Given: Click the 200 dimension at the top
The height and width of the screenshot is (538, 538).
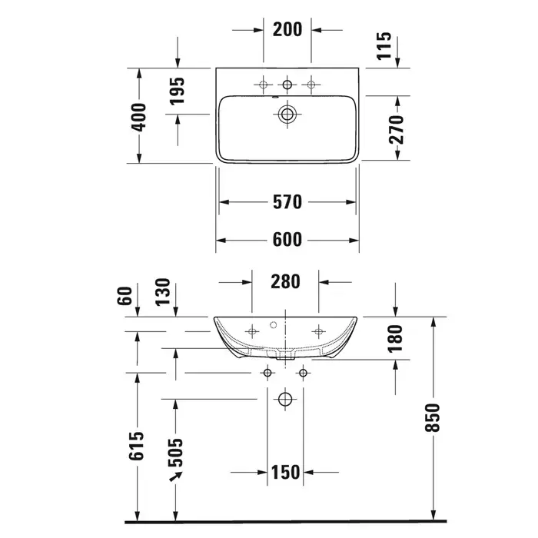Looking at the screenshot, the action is click(x=287, y=29).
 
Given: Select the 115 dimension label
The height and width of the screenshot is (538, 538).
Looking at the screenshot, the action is click(x=384, y=45).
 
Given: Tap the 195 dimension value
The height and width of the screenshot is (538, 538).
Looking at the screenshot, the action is click(x=177, y=91).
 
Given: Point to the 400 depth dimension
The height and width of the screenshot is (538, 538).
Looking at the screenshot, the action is click(x=139, y=117).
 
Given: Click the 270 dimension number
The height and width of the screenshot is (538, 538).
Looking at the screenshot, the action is click(x=397, y=129).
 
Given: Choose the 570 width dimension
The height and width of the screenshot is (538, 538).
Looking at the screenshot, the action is click(x=287, y=201).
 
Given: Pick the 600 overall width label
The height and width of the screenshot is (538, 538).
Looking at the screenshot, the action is click(x=287, y=240).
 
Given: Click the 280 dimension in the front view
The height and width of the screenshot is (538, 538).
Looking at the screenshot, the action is click(x=285, y=281).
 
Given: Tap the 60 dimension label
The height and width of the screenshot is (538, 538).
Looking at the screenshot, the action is click(x=125, y=296).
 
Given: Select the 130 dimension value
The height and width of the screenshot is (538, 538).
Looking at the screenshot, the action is click(x=163, y=291).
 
